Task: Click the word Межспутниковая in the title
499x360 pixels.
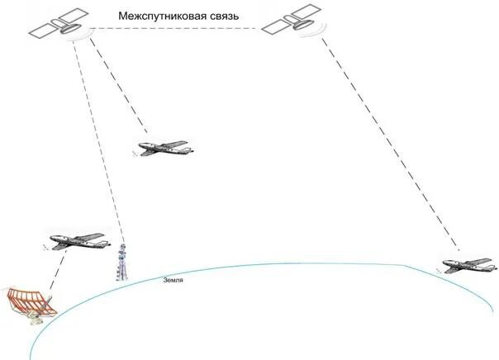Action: point(156,16)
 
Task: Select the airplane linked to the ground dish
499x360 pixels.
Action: point(79,240)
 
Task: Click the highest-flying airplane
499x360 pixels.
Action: point(165,149)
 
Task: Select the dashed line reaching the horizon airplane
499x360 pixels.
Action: point(388,140)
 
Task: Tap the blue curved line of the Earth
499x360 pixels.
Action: point(273,265)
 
